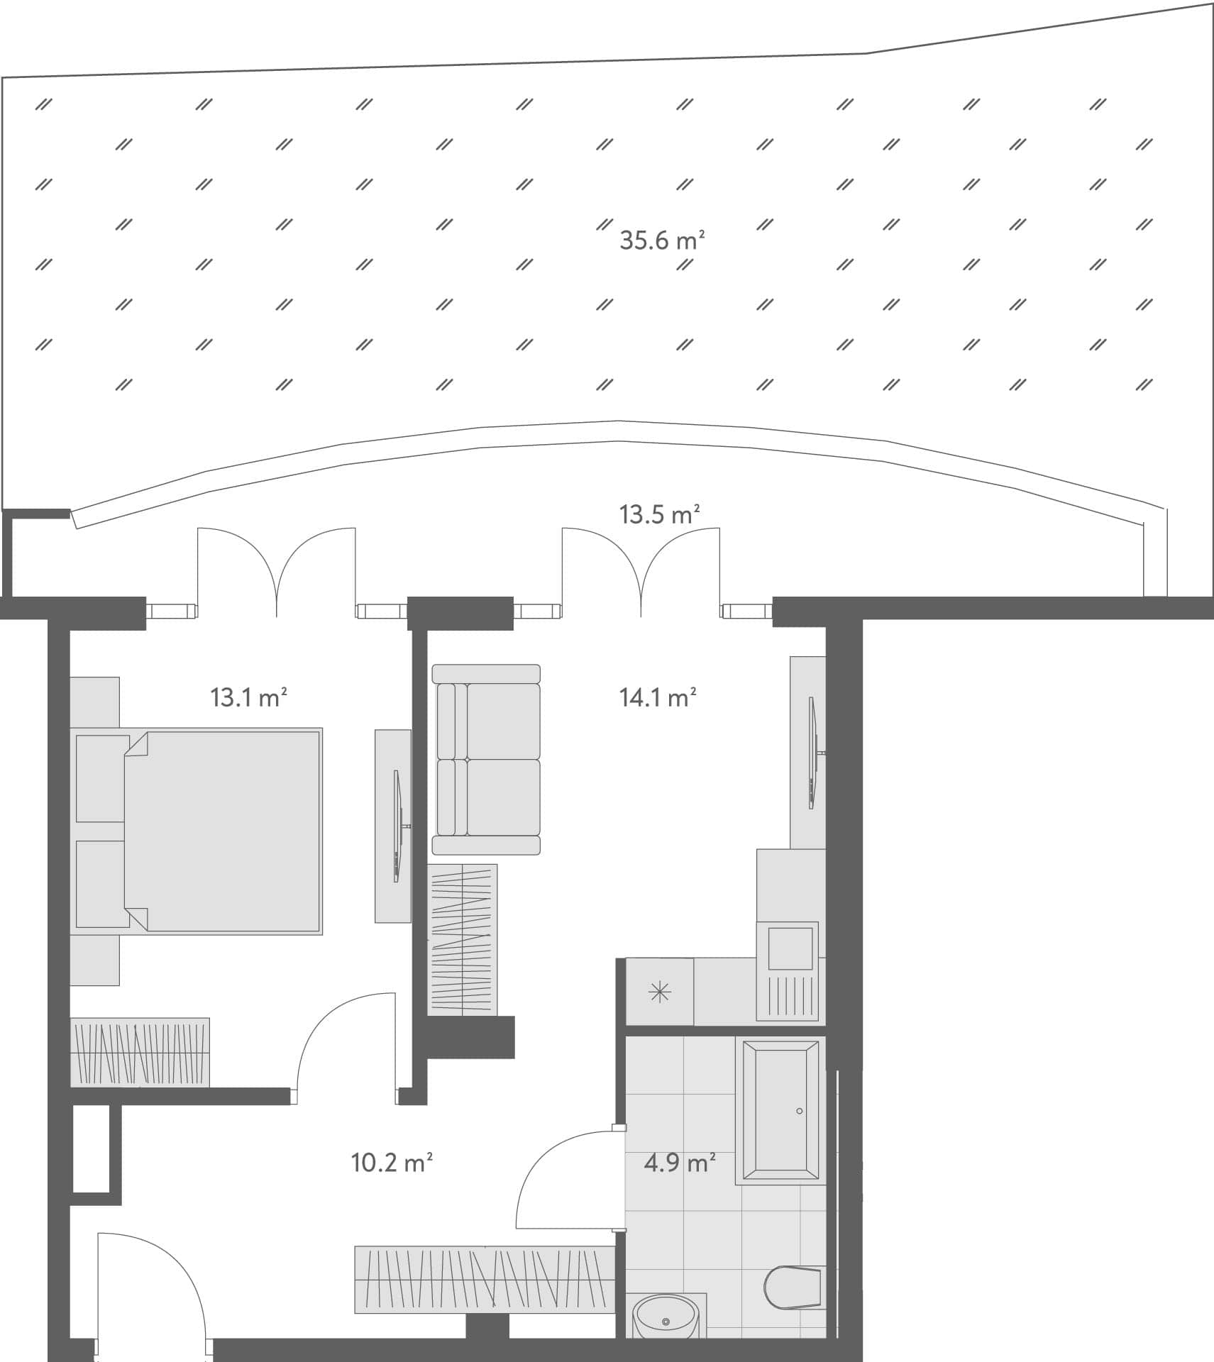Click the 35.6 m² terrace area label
coord(661,240)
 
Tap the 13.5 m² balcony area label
coord(659,514)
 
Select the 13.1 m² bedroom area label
coord(248,698)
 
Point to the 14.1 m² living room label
coord(658,698)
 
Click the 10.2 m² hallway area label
coord(392,1163)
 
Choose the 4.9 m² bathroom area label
coord(679,1163)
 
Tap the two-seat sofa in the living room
coord(487,759)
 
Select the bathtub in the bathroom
coord(780,1110)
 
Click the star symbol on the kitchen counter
coord(660,992)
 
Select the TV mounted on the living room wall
coord(812,753)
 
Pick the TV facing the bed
coord(398,826)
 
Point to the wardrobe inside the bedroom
coord(140,1052)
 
